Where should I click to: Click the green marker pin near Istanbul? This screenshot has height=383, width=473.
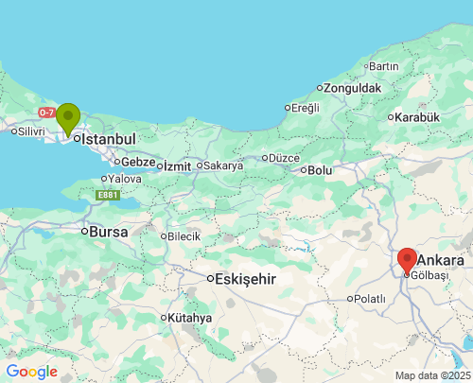68,118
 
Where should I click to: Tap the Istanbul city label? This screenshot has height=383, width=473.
110,139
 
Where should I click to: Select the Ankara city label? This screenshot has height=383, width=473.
440,260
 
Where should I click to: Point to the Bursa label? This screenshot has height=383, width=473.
108,231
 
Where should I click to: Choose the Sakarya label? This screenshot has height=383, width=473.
223,165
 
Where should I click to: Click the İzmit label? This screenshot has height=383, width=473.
177,165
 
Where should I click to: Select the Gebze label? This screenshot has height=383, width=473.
137,162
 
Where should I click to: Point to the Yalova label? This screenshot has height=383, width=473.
125,179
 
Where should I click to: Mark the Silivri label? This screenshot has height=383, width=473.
29,131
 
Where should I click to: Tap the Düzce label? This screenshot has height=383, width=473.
284,158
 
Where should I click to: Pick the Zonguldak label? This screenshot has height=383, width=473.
352,88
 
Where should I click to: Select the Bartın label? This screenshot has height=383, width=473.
383,66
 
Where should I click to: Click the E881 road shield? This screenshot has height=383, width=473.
108,195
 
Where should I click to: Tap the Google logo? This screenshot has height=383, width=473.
31,372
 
